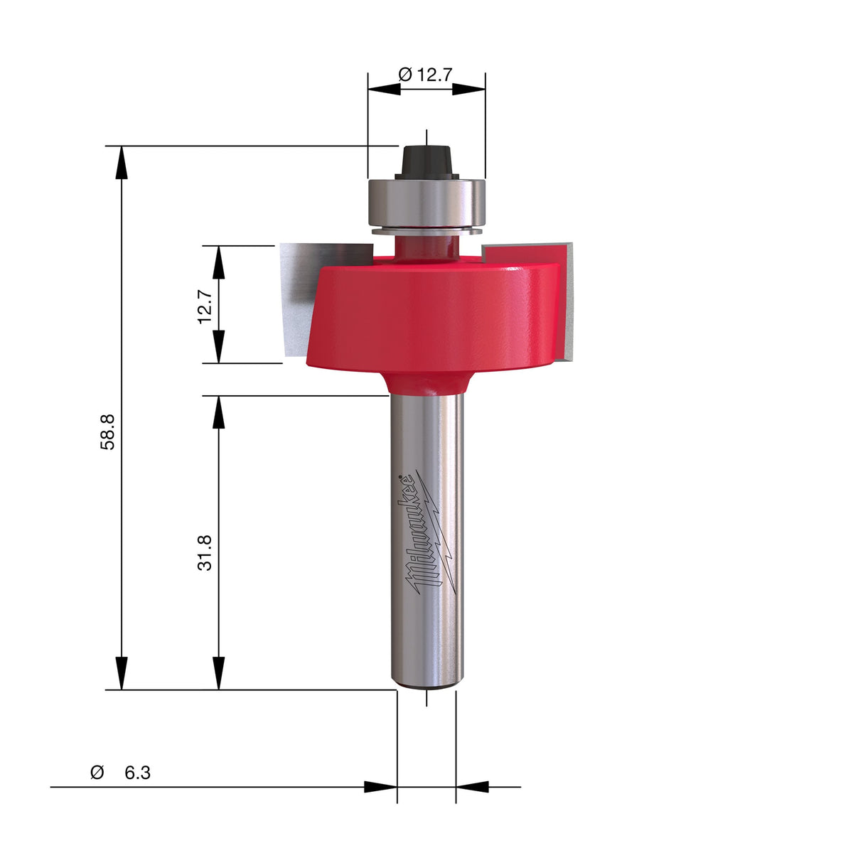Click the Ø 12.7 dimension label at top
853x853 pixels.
[425, 75]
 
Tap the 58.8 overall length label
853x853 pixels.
[107, 432]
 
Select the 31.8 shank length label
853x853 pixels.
[205, 553]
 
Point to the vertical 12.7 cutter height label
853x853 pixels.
[205, 307]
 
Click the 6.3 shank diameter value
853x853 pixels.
[137, 773]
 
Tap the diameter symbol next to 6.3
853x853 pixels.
[97, 773]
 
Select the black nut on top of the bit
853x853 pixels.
[426, 162]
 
